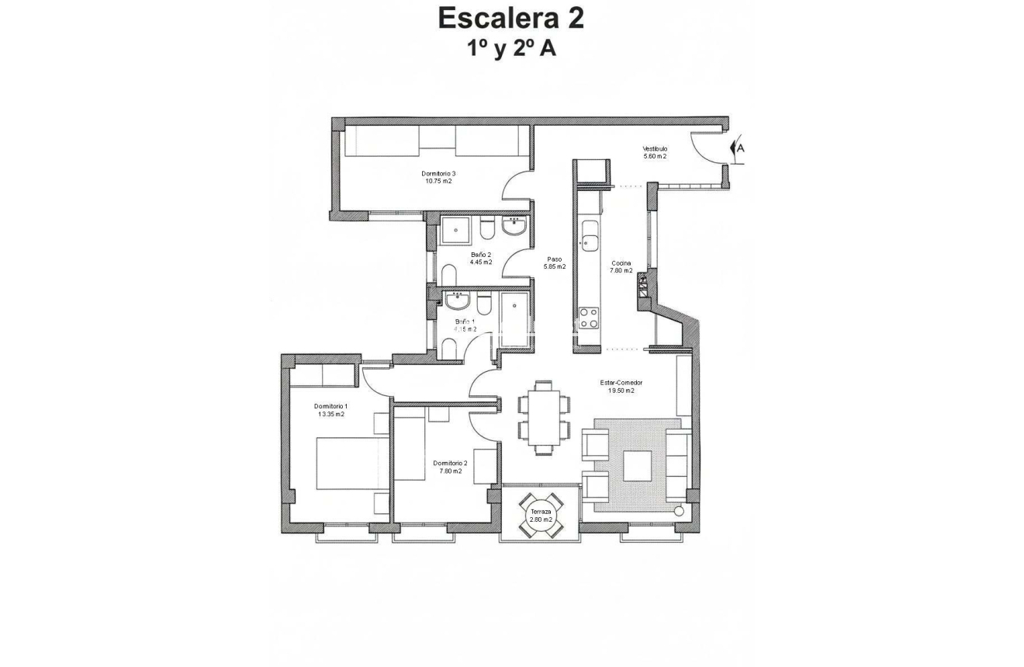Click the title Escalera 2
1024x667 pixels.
(510, 19)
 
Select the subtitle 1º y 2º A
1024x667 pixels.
(510, 48)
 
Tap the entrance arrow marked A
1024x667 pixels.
(738, 148)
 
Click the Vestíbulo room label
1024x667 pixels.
(654, 149)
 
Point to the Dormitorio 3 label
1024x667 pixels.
(438, 173)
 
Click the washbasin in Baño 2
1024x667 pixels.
(514, 226)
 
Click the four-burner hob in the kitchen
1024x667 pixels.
(589, 319)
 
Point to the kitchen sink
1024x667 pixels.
(590, 237)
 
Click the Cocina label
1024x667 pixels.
(621, 263)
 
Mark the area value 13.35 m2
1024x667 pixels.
(330, 415)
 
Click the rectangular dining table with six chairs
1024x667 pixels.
(544, 417)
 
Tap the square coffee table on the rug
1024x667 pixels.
(638, 464)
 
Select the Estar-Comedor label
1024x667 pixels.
(621, 383)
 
